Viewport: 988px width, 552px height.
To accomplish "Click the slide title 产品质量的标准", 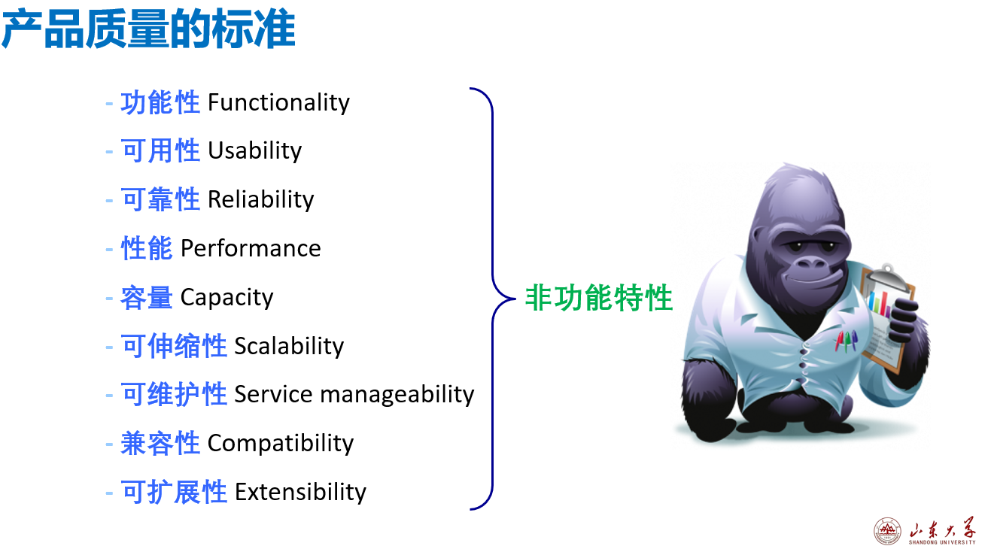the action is [148, 29].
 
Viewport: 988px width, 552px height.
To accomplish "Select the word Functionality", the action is [278, 103].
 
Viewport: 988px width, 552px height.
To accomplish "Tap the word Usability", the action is [254, 151].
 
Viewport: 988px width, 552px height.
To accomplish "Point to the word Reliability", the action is [260, 200].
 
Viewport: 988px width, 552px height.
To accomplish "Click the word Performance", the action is [251, 249].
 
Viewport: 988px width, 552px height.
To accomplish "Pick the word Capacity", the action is [226, 298].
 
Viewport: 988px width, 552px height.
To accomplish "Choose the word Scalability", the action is [289, 346].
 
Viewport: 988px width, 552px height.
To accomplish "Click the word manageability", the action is [397, 395].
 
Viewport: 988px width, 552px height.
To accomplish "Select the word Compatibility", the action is [281, 444].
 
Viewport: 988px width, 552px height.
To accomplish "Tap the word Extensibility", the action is [300, 492].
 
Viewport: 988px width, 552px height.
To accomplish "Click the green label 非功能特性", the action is [598, 298].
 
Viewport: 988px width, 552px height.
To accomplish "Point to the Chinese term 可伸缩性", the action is [174, 346].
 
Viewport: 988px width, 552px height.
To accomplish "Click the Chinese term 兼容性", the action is [160, 443].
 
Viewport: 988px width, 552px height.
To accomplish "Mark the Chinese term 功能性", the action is [160, 103].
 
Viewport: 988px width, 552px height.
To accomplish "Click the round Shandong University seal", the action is [887, 531].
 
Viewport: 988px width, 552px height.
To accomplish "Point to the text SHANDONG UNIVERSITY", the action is [942, 542].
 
